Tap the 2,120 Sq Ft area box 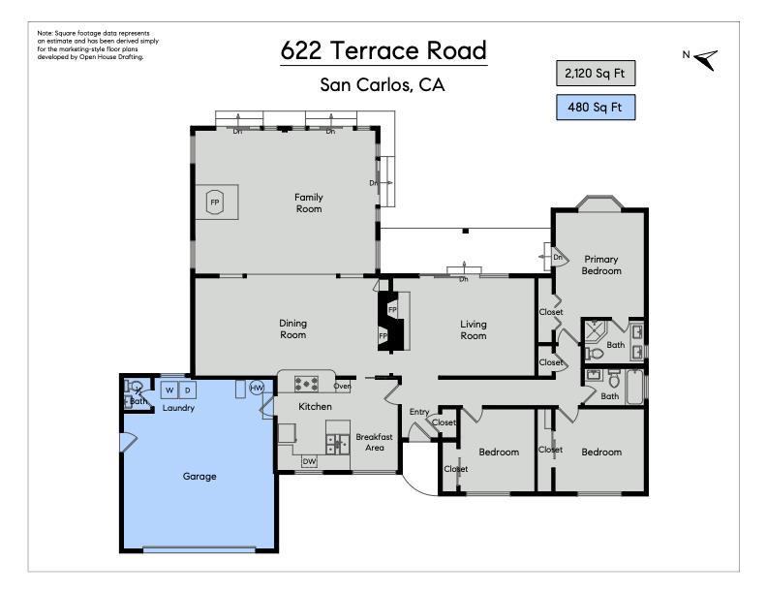tap(596, 74)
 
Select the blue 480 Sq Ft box tap(596, 108)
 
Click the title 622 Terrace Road tap(384, 50)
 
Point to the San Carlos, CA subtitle tap(383, 85)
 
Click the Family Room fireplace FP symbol tap(215, 203)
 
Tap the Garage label tap(199, 476)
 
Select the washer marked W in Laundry tap(169, 390)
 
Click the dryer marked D tap(187, 390)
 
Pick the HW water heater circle tap(257, 388)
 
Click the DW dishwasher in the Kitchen tap(309, 461)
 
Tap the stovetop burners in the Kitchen tap(307, 384)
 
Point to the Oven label tap(343, 386)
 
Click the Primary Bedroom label tap(601, 265)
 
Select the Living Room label tap(473, 329)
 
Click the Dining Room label tap(292, 328)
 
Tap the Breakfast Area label tap(374, 442)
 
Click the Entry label tap(419, 412)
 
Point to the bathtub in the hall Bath tap(634, 387)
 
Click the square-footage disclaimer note tap(98, 45)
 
